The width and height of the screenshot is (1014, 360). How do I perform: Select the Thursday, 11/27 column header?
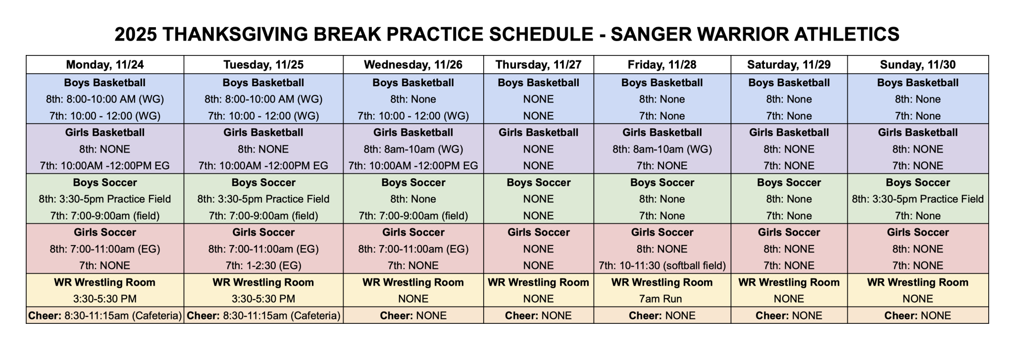538,64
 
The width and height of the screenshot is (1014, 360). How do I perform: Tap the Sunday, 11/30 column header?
917,64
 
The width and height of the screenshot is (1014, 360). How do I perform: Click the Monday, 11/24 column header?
105,64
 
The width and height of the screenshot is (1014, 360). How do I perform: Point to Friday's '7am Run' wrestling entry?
662,299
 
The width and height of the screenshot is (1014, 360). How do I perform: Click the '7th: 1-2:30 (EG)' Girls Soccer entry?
263,265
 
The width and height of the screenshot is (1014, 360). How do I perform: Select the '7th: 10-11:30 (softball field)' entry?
662,265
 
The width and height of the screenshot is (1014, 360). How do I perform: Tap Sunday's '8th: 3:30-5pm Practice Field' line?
917,199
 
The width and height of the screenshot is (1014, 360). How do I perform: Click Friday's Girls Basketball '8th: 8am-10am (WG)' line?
662,149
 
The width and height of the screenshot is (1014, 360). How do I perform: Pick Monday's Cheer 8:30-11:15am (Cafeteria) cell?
105,315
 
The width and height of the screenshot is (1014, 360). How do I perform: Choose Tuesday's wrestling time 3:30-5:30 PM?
263,299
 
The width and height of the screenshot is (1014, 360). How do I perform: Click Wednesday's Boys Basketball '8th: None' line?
413,99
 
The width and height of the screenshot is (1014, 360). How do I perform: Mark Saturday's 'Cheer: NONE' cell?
789,315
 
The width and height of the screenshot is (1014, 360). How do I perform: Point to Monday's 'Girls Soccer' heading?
105,232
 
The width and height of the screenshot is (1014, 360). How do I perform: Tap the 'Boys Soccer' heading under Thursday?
538,182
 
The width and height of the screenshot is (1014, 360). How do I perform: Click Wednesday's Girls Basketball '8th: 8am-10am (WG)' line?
413,149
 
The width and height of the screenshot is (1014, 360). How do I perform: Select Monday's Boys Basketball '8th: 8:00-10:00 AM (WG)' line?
105,99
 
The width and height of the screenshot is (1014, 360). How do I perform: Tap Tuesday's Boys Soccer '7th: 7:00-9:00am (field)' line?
263,216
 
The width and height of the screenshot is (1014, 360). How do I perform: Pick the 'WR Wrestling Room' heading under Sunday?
917,282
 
